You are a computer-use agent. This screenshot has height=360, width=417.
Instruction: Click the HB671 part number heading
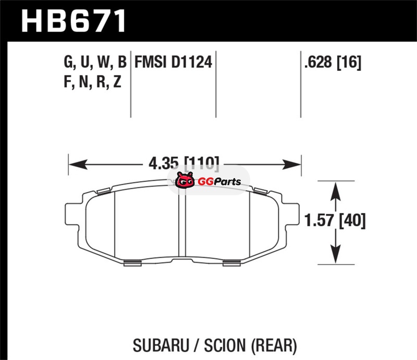coord(73,21)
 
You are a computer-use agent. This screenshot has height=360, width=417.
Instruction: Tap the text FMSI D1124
coord(174,62)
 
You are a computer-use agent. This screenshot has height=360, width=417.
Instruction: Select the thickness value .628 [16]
coord(333,63)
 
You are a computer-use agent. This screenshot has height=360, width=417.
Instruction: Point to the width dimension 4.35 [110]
coord(184,163)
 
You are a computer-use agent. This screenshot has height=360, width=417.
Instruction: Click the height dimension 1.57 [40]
coord(335,221)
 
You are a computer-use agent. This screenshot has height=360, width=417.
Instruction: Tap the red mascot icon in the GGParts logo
coord(185,180)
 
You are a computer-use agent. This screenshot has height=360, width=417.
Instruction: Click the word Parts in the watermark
coord(228,182)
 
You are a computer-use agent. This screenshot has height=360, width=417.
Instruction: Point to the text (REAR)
coord(274,345)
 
